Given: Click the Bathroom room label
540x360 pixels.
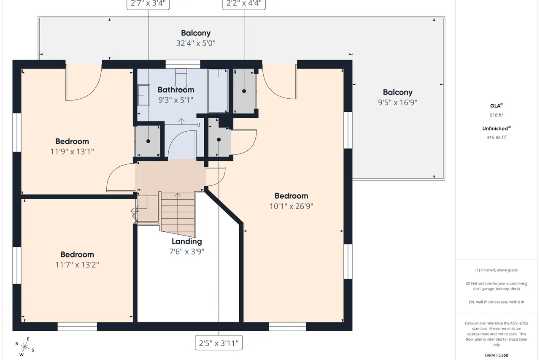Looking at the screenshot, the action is pyautogui.click(x=176, y=90).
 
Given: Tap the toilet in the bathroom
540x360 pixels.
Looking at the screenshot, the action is pyautogui.click(x=181, y=79).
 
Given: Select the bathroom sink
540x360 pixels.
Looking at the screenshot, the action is pyautogui.click(x=144, y=95).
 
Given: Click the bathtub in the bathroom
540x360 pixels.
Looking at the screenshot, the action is pyautogui.click(x=218, y=91).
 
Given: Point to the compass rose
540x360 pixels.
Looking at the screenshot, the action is pyautogui.click(x=24, y=347).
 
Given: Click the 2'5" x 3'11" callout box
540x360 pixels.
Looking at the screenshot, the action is pyautogui.click(x=219, y=343).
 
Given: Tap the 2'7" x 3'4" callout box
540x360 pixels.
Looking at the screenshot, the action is pyautogui.click(x=148, y=4).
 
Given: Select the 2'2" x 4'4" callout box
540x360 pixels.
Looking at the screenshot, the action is pyautogui.click(x=244, y=4).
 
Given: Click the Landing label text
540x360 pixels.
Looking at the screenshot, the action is pyautogui.click(x=186, y=241).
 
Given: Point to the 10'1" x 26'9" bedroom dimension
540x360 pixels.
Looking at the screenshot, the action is pyautogui.click(x=291, y=206).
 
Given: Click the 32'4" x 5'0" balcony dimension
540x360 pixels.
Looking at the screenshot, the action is pyautogui.click(x=195, y=43).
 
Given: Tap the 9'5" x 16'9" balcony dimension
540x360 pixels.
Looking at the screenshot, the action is pyautogui.click(x=397, y=103).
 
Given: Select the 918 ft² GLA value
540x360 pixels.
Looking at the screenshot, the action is pyautogui.click(x=497, y=115).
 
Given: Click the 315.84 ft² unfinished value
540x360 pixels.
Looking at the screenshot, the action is pyautogui.click(x=497, y=138).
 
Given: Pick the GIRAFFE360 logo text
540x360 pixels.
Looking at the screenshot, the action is pyautogui.click(x=497, y=355).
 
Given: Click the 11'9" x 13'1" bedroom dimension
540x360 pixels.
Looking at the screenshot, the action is pyautogui.click(x=72, y=152).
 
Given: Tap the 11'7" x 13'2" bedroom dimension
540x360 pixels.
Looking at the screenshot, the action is pyautogui.click(x=77, y=265).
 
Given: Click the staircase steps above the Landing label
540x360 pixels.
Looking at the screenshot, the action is pyautogui.click(x=178, y=214).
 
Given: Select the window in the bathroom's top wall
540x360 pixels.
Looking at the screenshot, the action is pyautogui.click(x=183, y=65).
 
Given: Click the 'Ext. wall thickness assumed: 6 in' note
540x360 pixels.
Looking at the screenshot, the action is pyautogui.click(x=497, y=302).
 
